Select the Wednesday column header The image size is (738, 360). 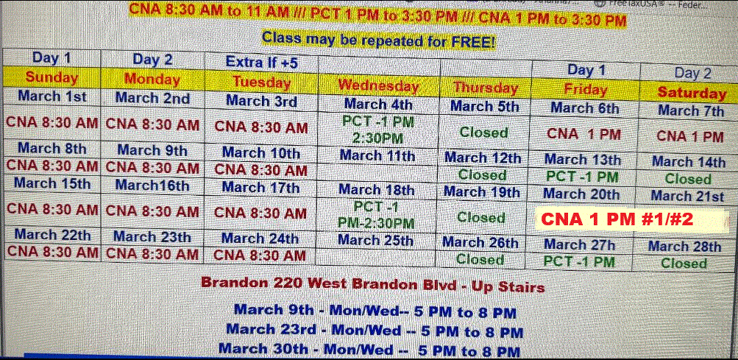378,85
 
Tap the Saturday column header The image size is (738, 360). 692,93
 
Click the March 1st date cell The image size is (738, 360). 52,96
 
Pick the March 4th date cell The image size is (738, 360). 378,104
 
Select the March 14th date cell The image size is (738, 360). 689,162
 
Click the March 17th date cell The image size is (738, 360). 260,188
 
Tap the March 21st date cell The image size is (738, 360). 688,196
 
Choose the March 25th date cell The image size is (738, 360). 375,240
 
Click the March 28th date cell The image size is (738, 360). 684,247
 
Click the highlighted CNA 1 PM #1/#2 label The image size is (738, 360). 617,219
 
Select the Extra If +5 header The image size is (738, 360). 262,62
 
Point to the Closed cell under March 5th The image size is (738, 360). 484,133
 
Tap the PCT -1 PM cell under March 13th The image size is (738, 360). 582,177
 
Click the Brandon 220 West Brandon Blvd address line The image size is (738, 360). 373,284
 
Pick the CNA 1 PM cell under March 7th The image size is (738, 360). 690,137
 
